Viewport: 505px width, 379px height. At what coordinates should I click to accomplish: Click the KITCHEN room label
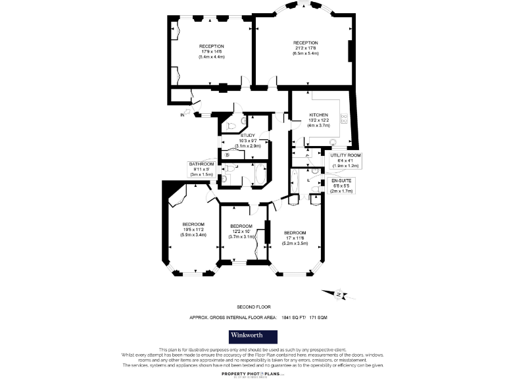(x=319, y=115)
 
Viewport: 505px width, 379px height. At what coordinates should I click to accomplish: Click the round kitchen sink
(x=333, y=141)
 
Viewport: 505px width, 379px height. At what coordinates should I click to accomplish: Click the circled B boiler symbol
(x=227, y=155)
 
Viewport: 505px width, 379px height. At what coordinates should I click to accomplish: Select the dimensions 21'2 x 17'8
(x=305, y=48)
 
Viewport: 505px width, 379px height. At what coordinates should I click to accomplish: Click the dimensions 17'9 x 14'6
(x=211, y=51)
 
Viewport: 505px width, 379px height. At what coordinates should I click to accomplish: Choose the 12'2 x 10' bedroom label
(x=241, y=232)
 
